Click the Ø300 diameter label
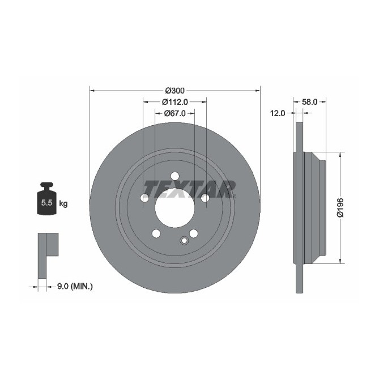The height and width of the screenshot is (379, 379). click(x=174, y=90)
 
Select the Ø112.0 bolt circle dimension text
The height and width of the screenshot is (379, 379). click(x=174, y=102)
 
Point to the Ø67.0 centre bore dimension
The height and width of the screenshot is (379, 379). click(x=174, y=113)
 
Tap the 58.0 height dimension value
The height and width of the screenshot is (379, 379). click(x=309, y=102)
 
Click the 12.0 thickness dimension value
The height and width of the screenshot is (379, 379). click(x=277, y=113)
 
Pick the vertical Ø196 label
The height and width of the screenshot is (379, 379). click(x=339, y=207)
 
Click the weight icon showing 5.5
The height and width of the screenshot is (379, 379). click(x=46, y=200)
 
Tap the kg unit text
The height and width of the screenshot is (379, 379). click(x=63, y=203)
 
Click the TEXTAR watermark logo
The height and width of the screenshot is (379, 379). click(x=189, y=189)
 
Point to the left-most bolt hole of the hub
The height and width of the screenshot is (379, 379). click(x=144, y=198)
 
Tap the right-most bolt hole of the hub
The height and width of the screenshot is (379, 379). click(x=205, y=198)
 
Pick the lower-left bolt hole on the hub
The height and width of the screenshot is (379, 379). click(x=156, y=233)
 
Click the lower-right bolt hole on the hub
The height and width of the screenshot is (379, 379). click(x=194, y=233)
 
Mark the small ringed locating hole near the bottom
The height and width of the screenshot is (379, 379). click(x=183, y=241)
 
